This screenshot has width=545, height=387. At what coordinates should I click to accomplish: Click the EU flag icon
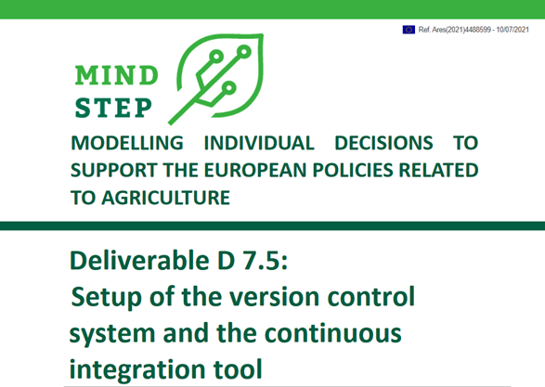pyautogui.click(x=409, y=30)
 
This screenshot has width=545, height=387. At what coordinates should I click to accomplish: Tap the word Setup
pyautogui.click(x=110, y=299)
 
